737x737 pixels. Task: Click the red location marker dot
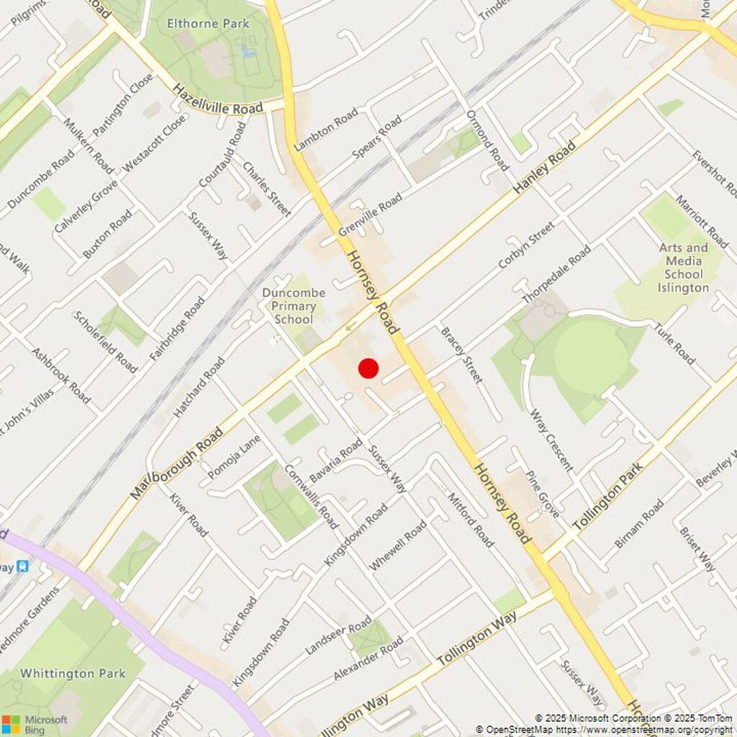click(x=368, y=368)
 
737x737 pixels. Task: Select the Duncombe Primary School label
click(x=294, y=306)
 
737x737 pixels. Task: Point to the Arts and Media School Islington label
click(x=683, y=268)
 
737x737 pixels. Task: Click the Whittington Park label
click(x=73, y=674)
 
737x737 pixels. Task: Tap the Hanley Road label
click(x=546, y=167)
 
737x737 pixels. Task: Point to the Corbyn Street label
click(x=527, y=245)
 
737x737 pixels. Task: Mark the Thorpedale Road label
click(x=556, y=274)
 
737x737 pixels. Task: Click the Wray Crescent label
click(x=551, y=440)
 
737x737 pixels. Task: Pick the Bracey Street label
click(x=461, y=355)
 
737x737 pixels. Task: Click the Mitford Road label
click(x=471, y=520)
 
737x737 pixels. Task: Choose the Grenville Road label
click(x=370, y=215)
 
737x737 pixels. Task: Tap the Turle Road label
click(x=674, y=344)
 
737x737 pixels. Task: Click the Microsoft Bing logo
click(x=35, y=723)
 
